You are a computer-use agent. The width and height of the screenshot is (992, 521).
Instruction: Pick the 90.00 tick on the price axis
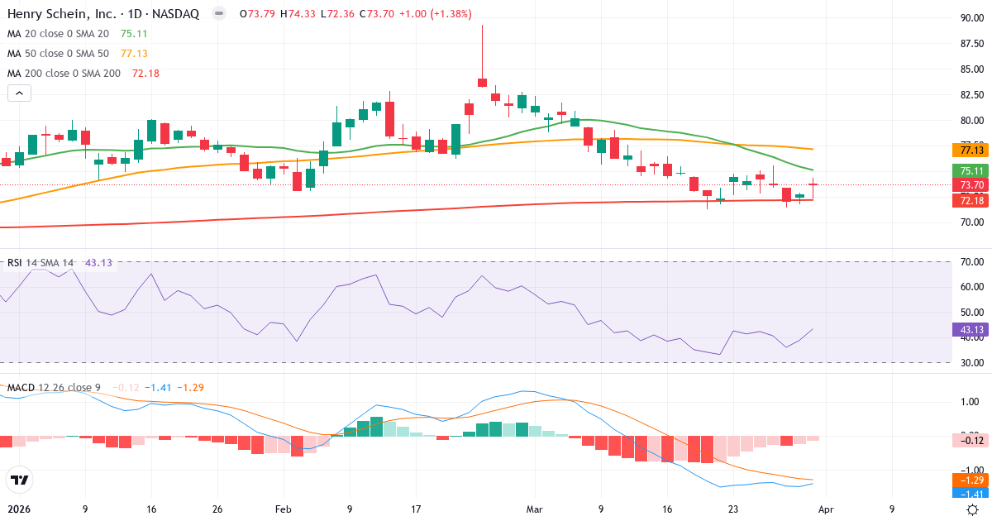[971, 18]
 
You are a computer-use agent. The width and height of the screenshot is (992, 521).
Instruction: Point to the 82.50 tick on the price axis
[971, 94]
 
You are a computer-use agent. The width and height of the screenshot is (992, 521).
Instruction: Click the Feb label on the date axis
[284, 509]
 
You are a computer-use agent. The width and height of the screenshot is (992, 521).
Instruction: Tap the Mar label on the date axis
[534, 509]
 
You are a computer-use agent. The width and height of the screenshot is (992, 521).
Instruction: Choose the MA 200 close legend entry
[64, 74]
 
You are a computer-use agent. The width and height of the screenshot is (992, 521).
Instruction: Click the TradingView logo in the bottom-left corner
[19, 480]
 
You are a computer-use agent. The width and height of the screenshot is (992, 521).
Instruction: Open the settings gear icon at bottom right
[973, 509]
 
